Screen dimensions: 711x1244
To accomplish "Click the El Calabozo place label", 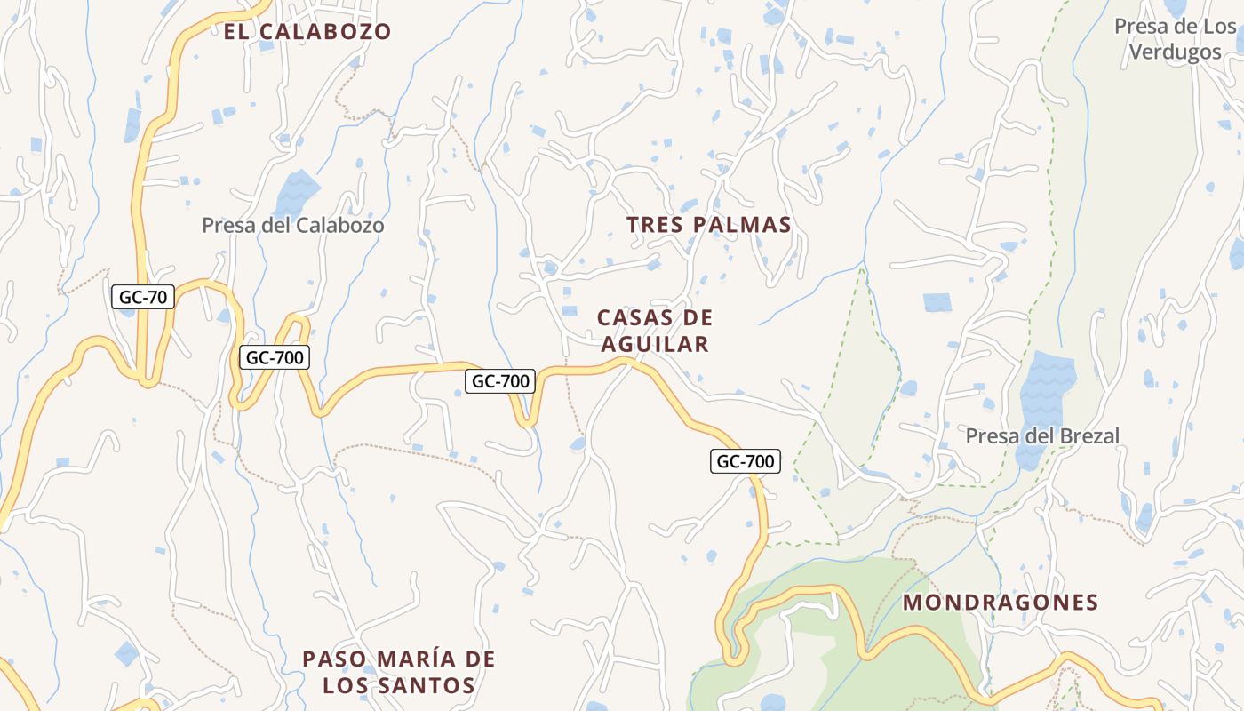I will point(307,32).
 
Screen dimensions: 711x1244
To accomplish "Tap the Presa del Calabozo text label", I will point(293,225).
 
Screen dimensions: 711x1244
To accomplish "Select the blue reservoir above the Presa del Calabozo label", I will point(297,191).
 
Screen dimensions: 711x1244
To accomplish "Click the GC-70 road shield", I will point(143,297).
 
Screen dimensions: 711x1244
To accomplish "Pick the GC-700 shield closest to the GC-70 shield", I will point(275,358).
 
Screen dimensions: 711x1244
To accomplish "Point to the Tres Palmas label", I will point(708,225).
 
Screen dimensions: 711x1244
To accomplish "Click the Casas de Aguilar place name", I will point(655,331).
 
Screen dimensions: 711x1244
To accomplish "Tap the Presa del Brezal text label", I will point(1042,435).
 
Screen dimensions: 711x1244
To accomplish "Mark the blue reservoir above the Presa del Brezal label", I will point(1045,391).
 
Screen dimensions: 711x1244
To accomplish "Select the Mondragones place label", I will point(1001,603).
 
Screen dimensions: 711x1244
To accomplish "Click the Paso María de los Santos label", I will point(398,672).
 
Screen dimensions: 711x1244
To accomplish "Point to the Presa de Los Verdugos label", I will point(1175,39).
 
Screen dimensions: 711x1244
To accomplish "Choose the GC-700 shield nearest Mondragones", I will point(746,461).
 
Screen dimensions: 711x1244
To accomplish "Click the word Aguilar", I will point(655,344).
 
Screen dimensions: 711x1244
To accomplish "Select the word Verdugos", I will point(1175,52).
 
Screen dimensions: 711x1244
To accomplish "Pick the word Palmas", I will point(748,225).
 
